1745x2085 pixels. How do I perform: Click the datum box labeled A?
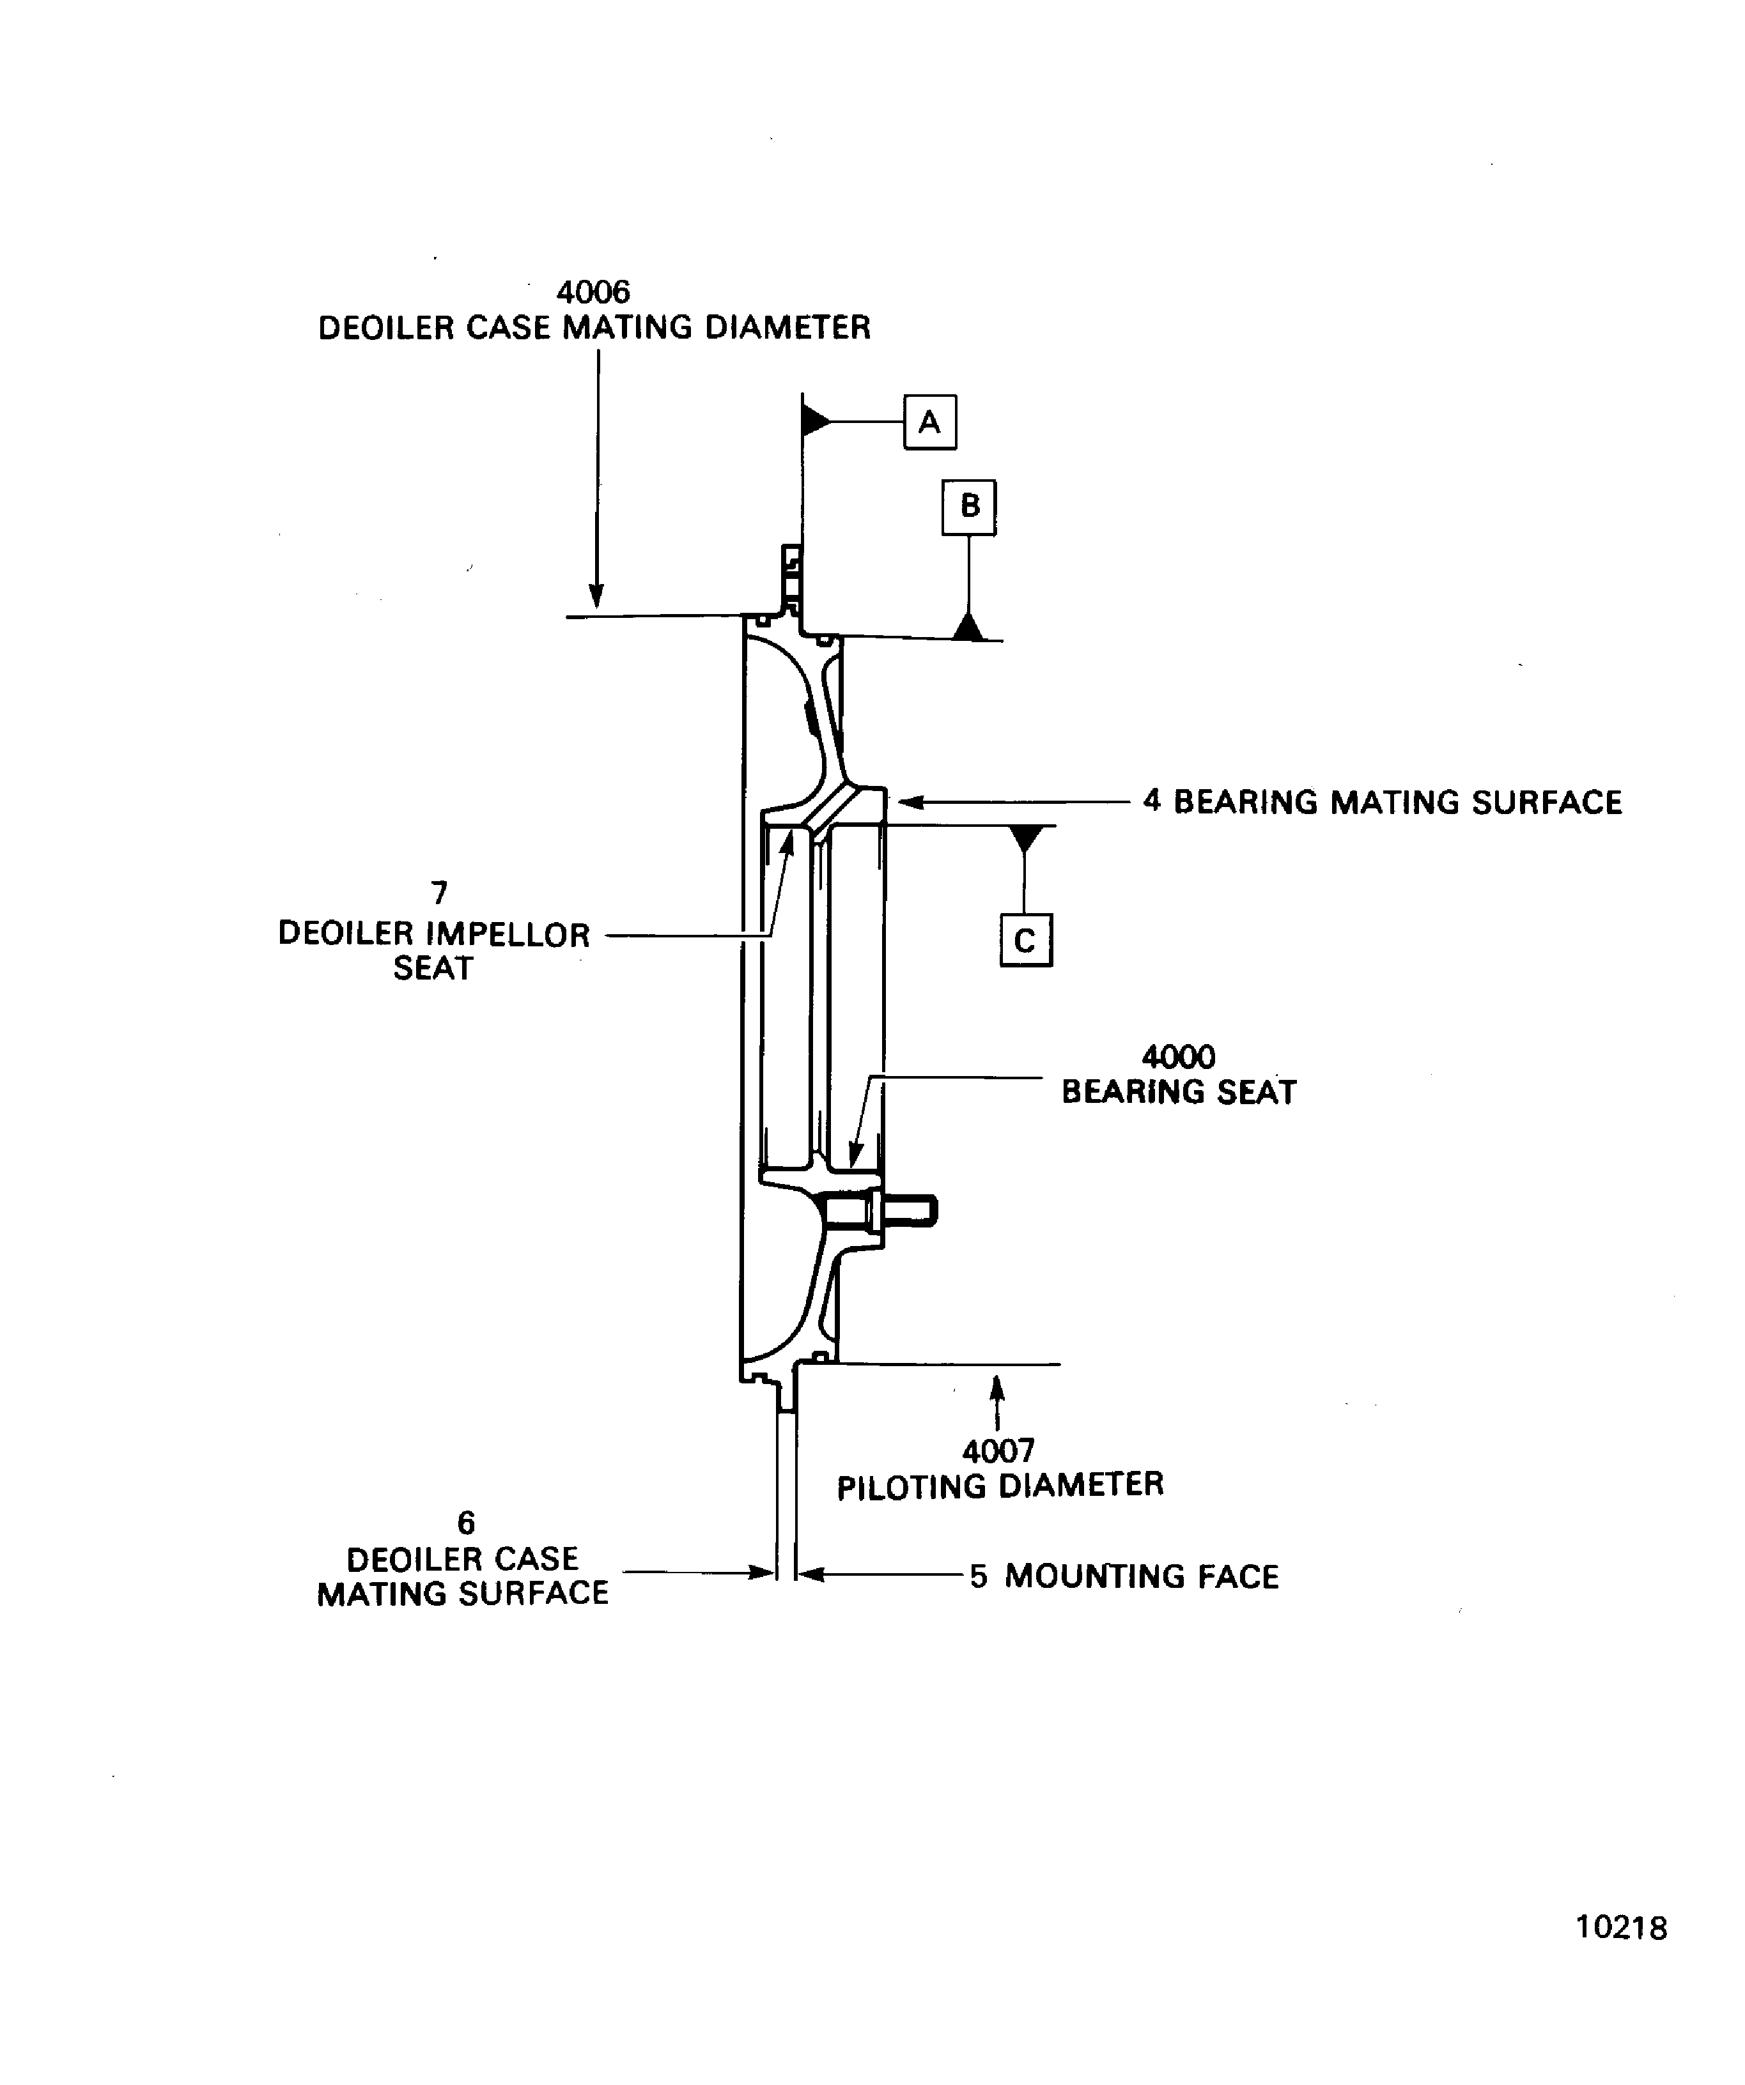929,422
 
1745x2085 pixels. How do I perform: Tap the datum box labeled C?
1025,939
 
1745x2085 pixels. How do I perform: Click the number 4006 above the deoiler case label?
593,292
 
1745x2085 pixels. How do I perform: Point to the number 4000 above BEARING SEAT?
1178,1056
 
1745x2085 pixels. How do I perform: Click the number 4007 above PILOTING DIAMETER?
998,1452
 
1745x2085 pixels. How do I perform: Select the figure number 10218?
1621,1955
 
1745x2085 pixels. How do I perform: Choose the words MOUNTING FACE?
1141,1576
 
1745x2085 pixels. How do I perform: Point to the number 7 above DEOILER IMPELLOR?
439,893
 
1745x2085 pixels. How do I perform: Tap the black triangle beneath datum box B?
968,626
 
